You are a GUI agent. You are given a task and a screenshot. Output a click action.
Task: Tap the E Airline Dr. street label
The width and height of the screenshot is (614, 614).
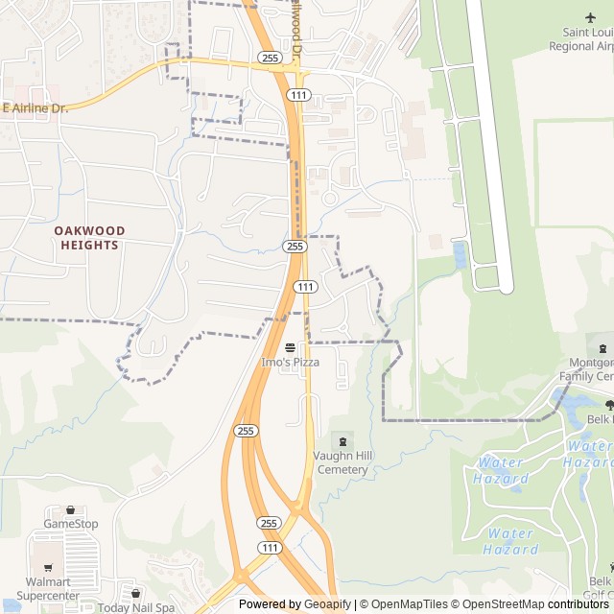(x=35, y=108)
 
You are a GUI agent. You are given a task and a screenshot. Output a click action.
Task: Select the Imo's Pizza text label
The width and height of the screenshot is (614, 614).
(x=290, y=363)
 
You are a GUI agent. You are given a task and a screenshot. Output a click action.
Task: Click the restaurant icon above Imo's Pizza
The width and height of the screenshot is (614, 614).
(x=290, y=348)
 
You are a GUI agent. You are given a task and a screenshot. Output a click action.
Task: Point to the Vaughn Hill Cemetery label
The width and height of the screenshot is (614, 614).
(x=341, y=463)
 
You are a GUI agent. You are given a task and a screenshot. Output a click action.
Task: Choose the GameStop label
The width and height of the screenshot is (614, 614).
(x=71, y=524)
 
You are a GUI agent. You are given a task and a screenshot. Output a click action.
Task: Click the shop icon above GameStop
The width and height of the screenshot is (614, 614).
(x=71, y=509)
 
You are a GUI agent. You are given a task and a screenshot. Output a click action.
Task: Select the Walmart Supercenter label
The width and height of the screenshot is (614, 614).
(x=49, y=589)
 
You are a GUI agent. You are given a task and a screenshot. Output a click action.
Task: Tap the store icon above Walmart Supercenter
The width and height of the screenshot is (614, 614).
(x=42, y=567)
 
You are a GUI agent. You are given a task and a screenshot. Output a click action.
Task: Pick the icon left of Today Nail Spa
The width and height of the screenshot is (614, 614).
(x=135, y=595)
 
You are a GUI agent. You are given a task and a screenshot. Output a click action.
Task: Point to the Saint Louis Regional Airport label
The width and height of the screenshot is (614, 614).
(x=581, y=39)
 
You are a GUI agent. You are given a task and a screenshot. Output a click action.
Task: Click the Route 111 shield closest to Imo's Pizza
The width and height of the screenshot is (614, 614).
(x=305, y=287)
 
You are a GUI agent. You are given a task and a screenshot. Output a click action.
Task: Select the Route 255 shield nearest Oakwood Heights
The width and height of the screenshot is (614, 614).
(x=295, y=247)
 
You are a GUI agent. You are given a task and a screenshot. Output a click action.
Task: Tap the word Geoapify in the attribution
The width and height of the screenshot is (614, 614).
(x=327, y=604)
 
